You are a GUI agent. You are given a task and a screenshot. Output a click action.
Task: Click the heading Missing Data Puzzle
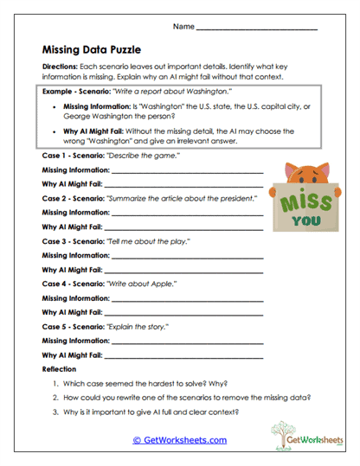91,50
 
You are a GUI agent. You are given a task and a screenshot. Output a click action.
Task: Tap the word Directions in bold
60,67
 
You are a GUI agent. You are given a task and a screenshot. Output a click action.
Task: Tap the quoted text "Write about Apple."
141,284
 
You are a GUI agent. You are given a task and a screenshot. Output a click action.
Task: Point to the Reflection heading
59,369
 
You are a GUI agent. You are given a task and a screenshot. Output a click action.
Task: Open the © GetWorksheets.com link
179,440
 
